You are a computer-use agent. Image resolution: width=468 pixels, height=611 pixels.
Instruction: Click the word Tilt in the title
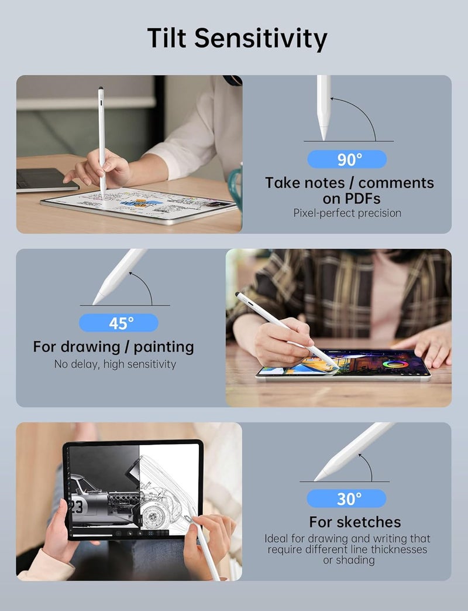tap(167, 38)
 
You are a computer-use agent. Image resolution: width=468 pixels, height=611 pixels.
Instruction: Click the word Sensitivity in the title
tap(261, 39)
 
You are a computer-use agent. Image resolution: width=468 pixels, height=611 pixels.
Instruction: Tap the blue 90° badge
tap(347, 159)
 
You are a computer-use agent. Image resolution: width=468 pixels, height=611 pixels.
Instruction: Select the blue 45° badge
tap(119, 323)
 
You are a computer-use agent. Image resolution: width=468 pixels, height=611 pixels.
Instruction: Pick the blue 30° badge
tap(346, 499)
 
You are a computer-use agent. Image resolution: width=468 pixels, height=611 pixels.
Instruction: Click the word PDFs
tap(351, 199)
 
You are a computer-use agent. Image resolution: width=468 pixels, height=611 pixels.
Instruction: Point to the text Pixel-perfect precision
tap(347, 213)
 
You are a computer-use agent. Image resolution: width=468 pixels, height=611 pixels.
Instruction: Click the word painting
tap(164, 347)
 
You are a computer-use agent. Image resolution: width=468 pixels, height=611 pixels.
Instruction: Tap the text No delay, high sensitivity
tap(115, 364)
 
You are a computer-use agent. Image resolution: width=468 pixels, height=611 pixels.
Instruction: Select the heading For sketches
tap(355, 522)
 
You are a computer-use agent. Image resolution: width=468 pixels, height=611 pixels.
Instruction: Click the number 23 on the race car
tap(76, 507)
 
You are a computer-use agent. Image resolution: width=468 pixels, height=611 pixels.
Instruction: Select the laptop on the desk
tap(43, 180)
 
